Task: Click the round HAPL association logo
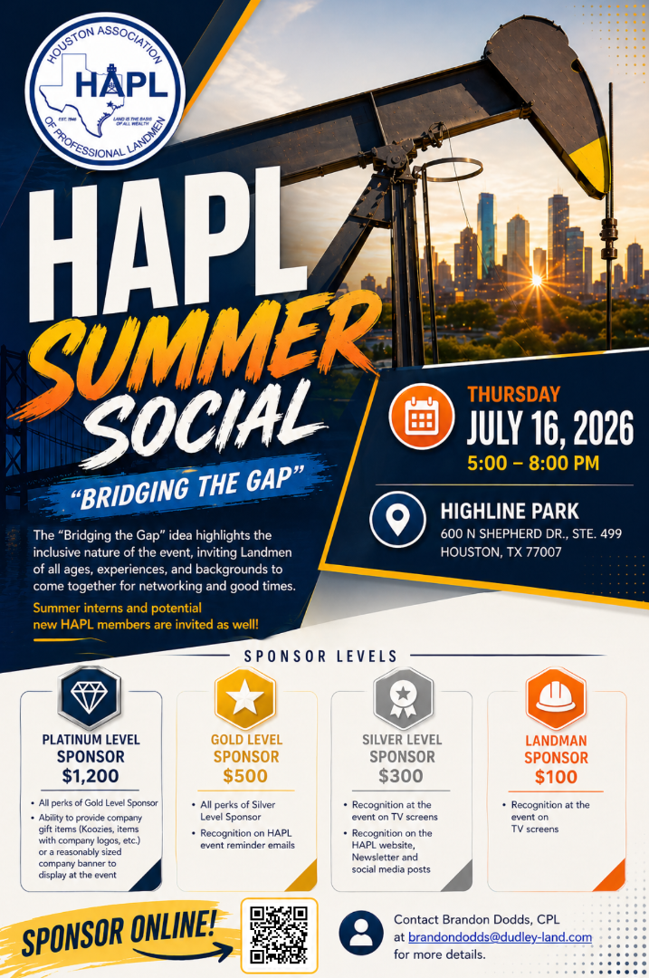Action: tap(105, 91)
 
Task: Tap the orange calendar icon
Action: tap(421, 416)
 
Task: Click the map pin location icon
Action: tap(397, 520)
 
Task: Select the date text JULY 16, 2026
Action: tap(549, 428)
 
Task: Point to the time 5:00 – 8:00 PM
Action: tap(533, 464)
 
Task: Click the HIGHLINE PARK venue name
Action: tap(510, 512)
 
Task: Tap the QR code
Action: tap(280, 935)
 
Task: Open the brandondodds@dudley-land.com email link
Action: tap(500, 937)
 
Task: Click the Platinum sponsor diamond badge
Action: tap(90, 697)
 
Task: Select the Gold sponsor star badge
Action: tap(245, 698)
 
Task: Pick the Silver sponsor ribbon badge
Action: tap(403, 698)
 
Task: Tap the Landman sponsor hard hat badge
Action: tap(556, 698)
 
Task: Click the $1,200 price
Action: tap(91, 776)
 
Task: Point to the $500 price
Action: tap(245, 776)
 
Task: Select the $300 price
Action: tap(401, 776)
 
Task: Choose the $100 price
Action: tap(556, 777)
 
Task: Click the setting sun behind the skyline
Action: tap(536, 280)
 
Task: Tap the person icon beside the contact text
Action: tap(361, 933)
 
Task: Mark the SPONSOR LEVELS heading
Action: tap(320, 657)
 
